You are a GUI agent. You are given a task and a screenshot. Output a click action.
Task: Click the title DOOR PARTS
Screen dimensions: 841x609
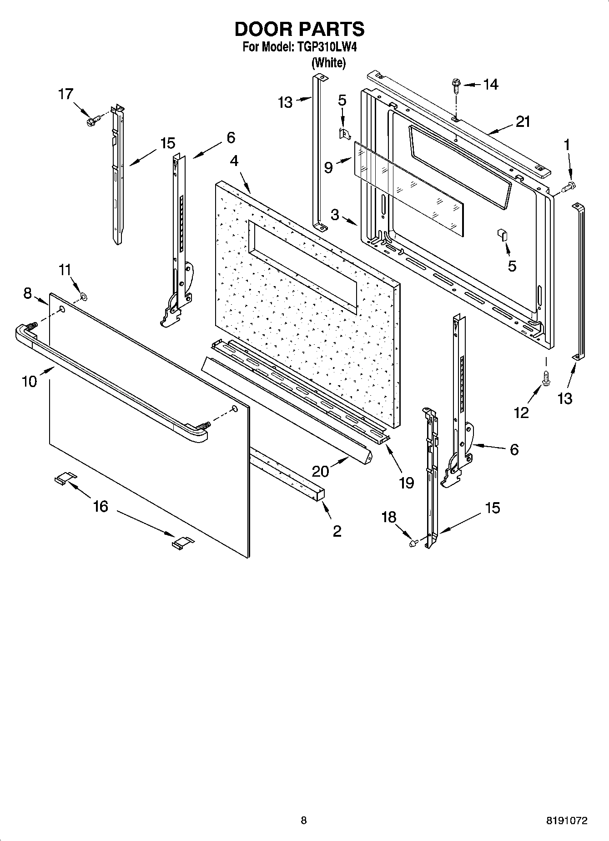[x=299, y=29]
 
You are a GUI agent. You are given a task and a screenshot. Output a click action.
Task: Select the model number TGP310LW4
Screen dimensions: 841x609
[x=326, y=47]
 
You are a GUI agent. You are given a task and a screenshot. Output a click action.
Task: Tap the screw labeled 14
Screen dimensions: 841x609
[x=456, y=85]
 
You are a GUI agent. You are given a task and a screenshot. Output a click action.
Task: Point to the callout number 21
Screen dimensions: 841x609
[x=523, y=121]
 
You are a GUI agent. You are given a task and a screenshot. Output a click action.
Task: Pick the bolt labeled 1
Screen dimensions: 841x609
[x=569, y=186]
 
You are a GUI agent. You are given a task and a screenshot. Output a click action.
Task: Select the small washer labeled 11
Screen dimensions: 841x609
[x=84, y=297]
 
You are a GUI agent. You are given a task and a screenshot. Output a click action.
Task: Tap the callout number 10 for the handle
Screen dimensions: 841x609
[x=29, y=381]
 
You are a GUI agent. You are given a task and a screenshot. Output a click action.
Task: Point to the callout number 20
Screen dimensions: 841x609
[x=320, y=471]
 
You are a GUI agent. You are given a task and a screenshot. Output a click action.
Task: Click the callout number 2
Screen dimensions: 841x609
[x=337, y=531]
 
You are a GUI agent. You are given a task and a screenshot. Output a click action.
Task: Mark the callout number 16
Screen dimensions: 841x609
[x=101, y=506]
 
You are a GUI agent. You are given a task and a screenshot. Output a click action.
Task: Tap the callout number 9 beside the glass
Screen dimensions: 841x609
[x=328, y=168]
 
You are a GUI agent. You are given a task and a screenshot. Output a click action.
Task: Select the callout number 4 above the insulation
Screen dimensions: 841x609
[x=234, y=161]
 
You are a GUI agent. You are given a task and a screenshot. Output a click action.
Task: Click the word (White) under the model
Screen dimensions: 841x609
[x=328, y=63]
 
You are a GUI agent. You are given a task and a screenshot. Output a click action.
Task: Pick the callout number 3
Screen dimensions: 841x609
[x=335, y=214]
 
